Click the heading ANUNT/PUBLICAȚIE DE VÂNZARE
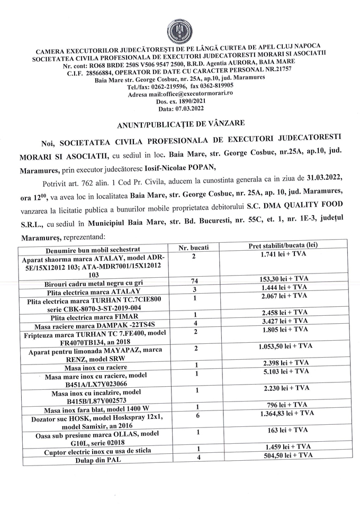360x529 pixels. (180, 123)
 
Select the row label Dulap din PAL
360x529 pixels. (93, 461)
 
